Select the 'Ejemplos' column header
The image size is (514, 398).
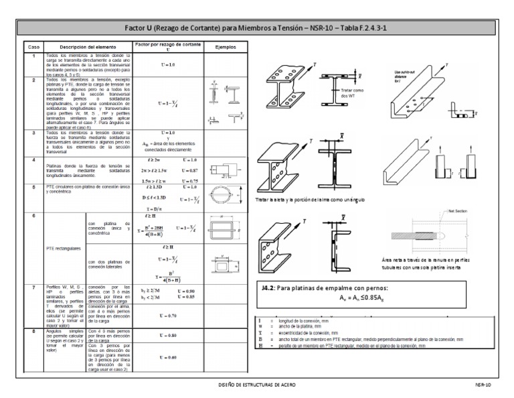coord(224,48)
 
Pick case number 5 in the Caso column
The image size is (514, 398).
coord(33,187)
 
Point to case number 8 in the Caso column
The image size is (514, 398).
coord(33,331)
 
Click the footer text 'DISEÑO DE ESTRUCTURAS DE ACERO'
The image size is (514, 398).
coord(258,386)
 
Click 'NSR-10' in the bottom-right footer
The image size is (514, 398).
coord(483,386)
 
